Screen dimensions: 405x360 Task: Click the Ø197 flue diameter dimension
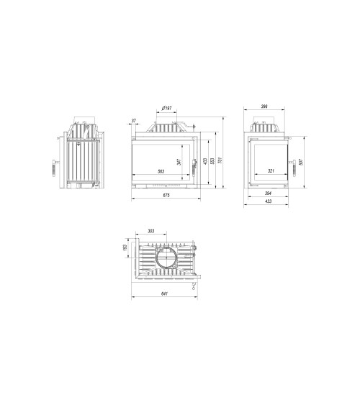click(166, 109)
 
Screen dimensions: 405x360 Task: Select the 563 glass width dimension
click(161, 170)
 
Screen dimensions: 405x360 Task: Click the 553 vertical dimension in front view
click(213, 161)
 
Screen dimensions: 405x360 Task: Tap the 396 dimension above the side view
click(265, 106)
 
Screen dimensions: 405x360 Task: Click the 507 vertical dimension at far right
click(301, 161)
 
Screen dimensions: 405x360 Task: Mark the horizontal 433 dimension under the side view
click(268, 202)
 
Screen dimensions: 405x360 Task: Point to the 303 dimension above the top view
click(150, 231)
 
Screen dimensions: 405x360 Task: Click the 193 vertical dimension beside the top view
click(125, 247)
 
